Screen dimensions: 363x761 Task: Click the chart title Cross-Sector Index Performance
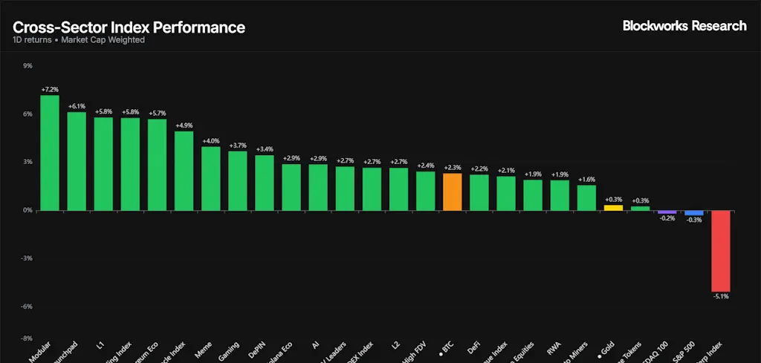click(129, 27)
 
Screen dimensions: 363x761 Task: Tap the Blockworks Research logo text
click(684, 26)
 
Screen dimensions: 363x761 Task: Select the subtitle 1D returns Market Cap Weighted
click(79, 40)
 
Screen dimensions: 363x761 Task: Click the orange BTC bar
click(453, 192)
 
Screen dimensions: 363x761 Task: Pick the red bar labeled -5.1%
click(720, 250)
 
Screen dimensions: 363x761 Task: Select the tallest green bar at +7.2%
click(50, 152)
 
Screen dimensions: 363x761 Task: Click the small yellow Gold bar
click(613, 208)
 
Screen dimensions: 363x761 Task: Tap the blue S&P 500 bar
click(693, 212)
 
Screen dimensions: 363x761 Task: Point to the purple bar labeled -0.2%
click(667, 212)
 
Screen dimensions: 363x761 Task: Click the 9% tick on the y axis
click(27, 66)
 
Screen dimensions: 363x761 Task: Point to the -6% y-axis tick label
click(27, 306)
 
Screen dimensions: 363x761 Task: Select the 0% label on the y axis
click(27, 210)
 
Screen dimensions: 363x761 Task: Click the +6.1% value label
click(77, 107)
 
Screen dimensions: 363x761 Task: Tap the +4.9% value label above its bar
click(184, 125)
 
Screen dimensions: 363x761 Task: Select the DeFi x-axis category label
click(473, 347)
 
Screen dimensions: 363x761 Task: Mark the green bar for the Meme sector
click(211, 178)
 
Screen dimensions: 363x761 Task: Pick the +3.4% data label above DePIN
click(265, 149)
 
